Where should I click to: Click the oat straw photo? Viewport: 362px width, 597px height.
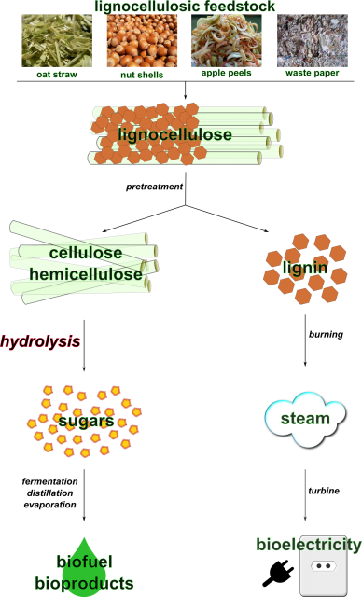(x=57, y=40)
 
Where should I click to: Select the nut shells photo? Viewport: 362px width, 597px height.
(x=142, y=40)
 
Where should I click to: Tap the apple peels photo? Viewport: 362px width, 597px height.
(x=226, y=40)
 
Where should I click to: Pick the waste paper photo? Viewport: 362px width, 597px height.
(x=312, y=40)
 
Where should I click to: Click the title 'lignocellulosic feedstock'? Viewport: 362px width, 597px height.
(x=185, y=7)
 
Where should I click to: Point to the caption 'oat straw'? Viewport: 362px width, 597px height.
(x=57, y=74)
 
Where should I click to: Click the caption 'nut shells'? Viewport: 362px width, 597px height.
(x=142, y=75)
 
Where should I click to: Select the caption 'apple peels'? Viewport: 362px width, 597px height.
(x=226, y=73)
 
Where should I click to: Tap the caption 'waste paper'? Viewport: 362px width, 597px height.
(x=312, y=73)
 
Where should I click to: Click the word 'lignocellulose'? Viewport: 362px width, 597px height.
(x=174, y=135)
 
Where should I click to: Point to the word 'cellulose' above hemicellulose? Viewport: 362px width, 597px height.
(x=86, y=253)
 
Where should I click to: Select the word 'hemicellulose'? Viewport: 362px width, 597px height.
(x=86, y=274)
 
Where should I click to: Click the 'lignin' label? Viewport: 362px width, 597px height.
(x=305, y=269)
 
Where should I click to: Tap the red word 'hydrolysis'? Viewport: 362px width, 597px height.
(x=40, y=341)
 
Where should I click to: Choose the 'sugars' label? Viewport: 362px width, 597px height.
(x=86, y=422)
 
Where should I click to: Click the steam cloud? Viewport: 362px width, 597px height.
(x=305, y=418)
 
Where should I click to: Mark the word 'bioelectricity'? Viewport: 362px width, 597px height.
(x=309, y=545)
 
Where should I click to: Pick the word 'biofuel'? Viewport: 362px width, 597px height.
(x=84, y=562)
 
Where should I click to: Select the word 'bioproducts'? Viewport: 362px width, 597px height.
(x=84, y=584)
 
